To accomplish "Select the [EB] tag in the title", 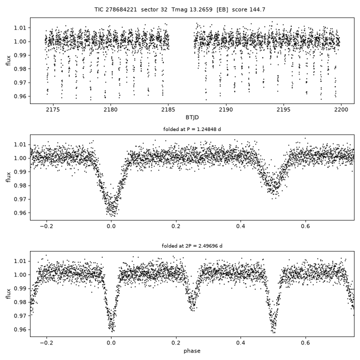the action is click(x=222, y=9).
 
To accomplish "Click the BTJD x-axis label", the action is click(x=192, y=117).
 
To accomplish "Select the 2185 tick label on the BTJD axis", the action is click(x=168, y=109).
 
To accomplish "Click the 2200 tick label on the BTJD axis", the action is click(x=341, y=109).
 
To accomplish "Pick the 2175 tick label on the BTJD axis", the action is click(x=53, y=109).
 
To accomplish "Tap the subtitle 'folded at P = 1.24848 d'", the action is click(x=192, y=129).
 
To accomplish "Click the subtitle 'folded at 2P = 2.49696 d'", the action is click(x=192, y=246).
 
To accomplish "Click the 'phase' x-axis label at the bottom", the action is click(x=192, y=351).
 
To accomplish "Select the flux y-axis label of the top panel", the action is click(x=8, y=60).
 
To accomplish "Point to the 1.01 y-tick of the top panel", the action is click(x=20, y=28).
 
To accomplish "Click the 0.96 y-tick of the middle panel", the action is click(x=20, y=213).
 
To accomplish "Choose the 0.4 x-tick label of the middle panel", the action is click(x=240, y=226).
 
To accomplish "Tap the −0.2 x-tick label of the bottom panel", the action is click(x=46, y=343).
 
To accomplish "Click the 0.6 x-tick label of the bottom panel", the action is click(x=305, y=343).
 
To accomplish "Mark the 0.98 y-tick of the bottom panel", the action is click(x=20, y=302).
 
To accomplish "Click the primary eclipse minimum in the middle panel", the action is click(x=111, y=212).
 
